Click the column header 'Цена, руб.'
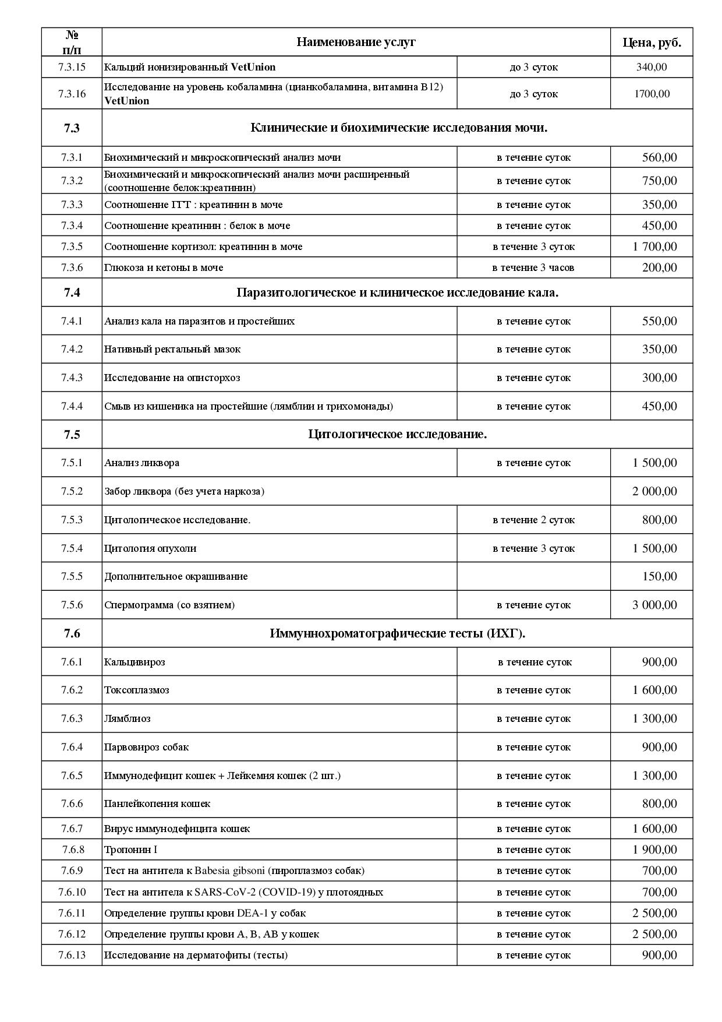pyautogui.click(x=652, y=42)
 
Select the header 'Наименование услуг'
pyautogui.click(x=356, y=42)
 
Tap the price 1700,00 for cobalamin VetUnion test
pyautogui.click(x=652, y=94)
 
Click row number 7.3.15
pyautogui.click(x=72, y=67)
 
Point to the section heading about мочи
pyautogui.click(x=399, y=128)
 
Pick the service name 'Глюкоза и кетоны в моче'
pyautogui.click(x=164, y=267)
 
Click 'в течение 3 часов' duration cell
pyautogui.click(x=533, y=267)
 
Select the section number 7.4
pyautogui.click(x=72, y=292)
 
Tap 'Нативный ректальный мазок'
pyautogui.click(x=172, y=349)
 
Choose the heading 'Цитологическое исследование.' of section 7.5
pyautogui.click(x=397, y=434)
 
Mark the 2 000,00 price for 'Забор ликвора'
pyautogui.click(x=654, y=491)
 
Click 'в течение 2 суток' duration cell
pyautogui.click(x=533, y=520)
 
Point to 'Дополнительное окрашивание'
pyautogui.click(x=176, y=576)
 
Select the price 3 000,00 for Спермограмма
pyautogui.click(x=654, y=605)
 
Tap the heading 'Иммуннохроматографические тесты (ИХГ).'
pyautogui.click(x=397, y=633)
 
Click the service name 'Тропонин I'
pyautogui.click(x=130, y=850)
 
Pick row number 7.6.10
pyautogui.click(x=72, y=892)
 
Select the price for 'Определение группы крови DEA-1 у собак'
pyautogui.click(x=654, y=913)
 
